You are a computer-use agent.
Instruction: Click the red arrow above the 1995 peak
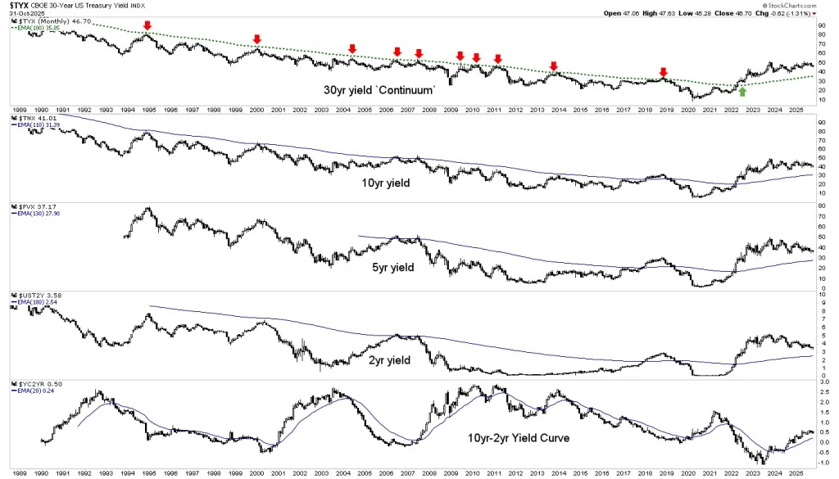(x=147, y=25)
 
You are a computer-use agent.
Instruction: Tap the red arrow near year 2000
(x=256, y=39)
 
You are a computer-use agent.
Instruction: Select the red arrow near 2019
(x=664, y=72)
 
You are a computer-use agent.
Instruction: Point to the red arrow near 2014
(x=554, y=66)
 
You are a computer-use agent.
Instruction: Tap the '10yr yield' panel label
(x=386, y=183)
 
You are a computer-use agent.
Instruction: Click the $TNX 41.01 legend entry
(x=33, y=119)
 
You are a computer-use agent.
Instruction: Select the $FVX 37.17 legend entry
(x=33, y=206)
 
